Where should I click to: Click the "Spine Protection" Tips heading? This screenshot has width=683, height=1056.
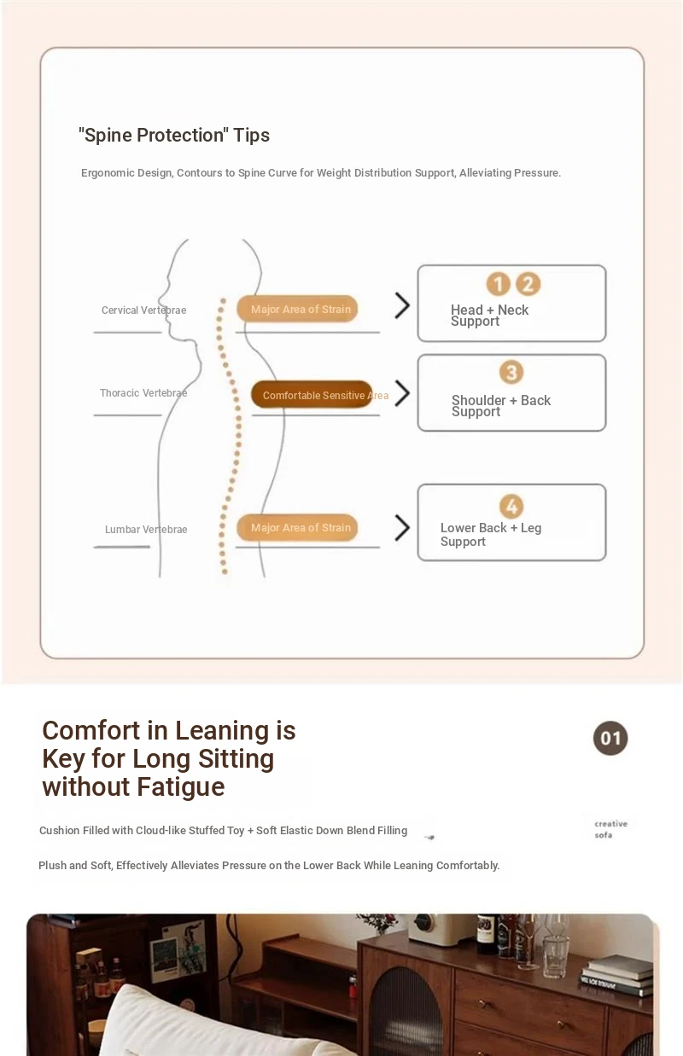point(174,135)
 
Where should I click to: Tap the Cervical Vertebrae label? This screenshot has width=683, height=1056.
point(143,310)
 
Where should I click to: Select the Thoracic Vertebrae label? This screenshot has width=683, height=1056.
point(143,393)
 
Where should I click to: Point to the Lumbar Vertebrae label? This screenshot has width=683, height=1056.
point(146,530)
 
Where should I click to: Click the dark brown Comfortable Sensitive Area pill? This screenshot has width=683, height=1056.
point(312,395)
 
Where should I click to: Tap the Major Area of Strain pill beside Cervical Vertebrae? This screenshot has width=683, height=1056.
point(298,309)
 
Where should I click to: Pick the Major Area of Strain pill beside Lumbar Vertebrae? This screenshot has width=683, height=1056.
point(298,528)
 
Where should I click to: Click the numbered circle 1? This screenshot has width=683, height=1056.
point(498,284)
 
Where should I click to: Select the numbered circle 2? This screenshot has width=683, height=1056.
point(528,284)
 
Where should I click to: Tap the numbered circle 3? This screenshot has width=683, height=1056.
point(511,373)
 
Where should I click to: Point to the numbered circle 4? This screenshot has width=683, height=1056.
point(511,507)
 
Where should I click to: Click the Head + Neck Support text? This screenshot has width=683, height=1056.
point(489,316)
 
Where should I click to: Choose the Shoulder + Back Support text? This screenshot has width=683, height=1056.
point(500,406)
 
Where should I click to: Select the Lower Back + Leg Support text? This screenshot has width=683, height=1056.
point(490,535)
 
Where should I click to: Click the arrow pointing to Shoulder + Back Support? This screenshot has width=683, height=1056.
point(402,393)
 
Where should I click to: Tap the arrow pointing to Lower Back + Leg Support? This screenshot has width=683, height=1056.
point(402,528)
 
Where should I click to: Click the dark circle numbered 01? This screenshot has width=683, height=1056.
point(610,739)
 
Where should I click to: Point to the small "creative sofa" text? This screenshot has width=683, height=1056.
point(610,829)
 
